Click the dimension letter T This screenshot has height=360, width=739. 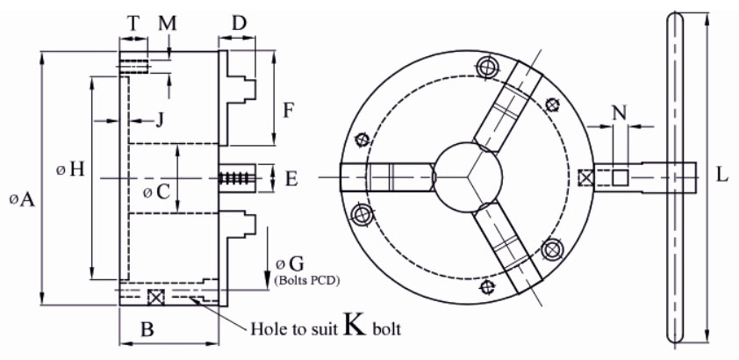tap(133, 23)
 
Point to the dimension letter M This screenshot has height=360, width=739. tap(168, 23)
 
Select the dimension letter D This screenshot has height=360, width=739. tap(238, 22)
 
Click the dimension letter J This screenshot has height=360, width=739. tap(160, 119)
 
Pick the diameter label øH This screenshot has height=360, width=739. tap(70, 169)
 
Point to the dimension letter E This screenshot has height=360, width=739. tap(292, 178)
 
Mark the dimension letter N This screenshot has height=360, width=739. tap(620, 112)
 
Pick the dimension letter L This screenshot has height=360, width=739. tap(722, 174)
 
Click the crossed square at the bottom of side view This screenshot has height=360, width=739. tap(157, 297)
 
